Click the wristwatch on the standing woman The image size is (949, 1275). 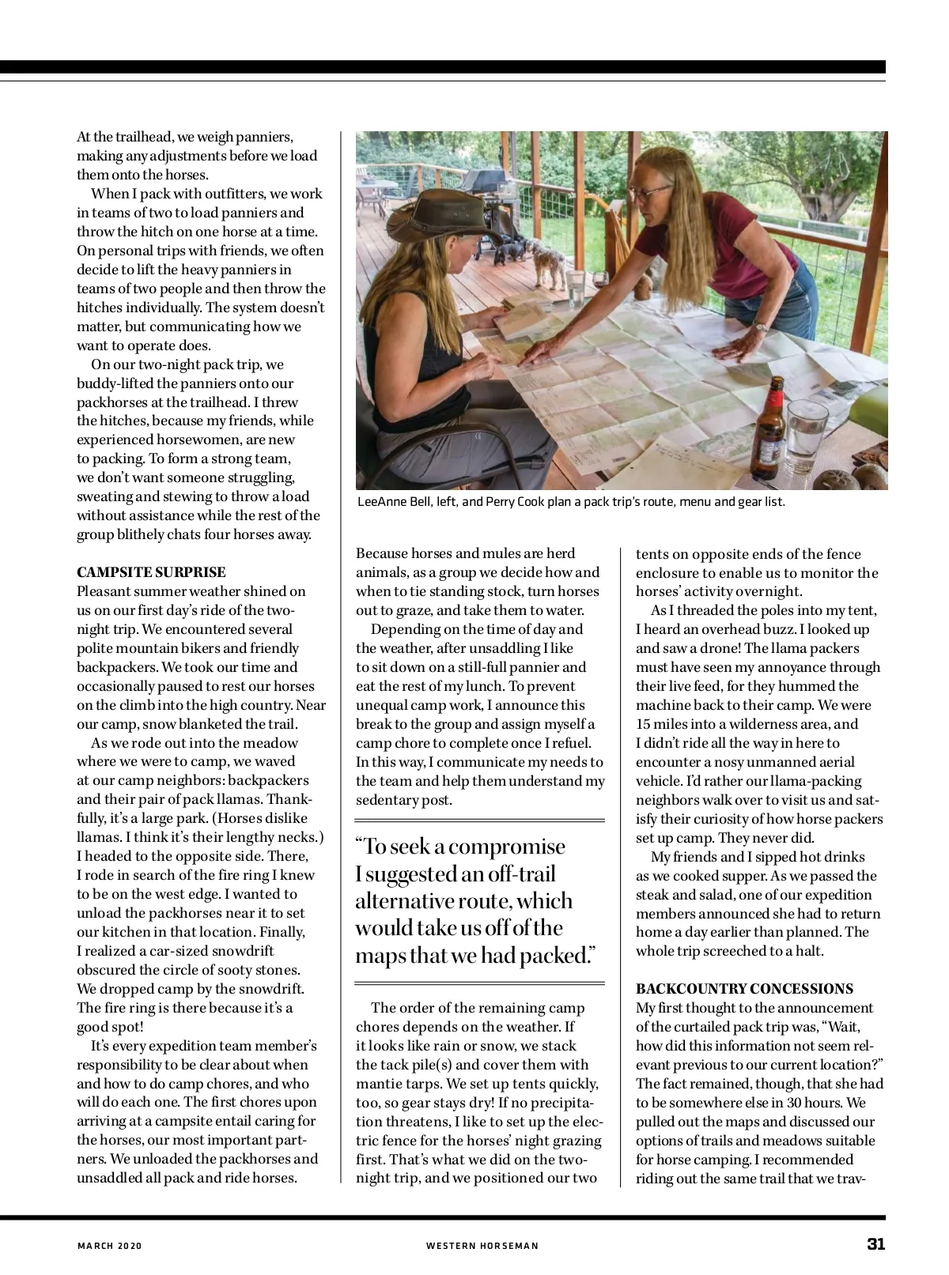tap(758, 326)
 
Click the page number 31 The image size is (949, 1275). tap(875, 1243)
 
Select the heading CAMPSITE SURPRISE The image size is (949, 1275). tap(151, 572)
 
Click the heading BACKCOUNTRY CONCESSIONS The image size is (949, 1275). tap(744, 989)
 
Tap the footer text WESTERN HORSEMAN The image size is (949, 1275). tap(482, 1246)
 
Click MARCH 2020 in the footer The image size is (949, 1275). tap(109, 1246)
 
